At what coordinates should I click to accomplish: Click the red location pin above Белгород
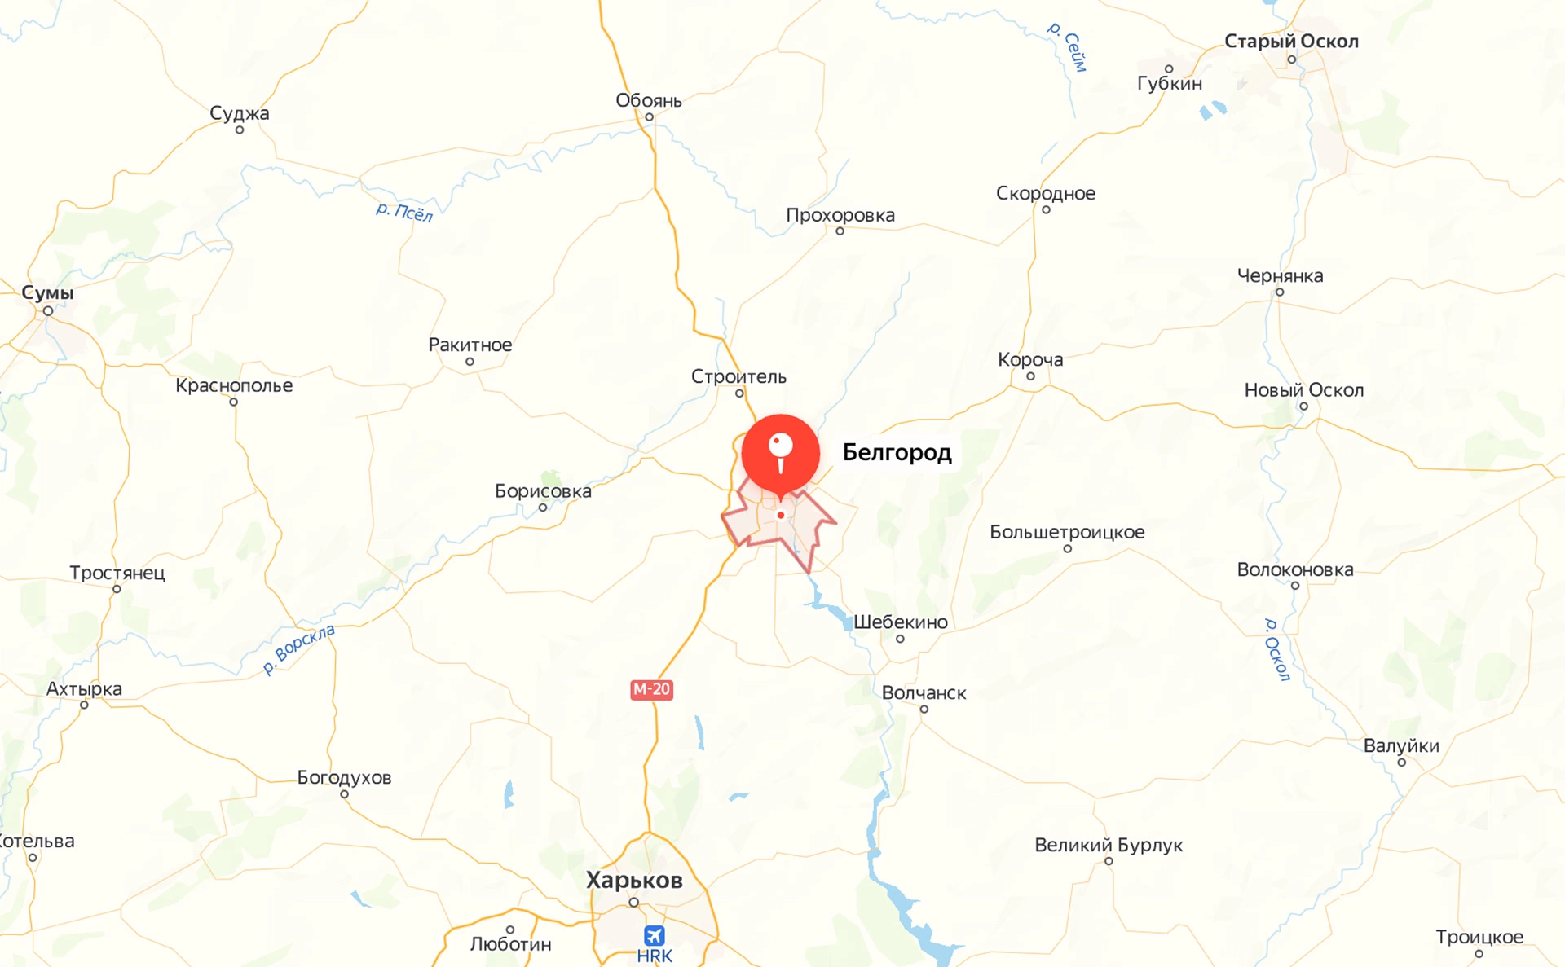click(x=780, y=453)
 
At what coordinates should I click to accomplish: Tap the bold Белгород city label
click(x=897, y=452)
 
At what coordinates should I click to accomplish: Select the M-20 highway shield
click(x=651, y=689)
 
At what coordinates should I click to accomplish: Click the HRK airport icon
click(x=654, y=935)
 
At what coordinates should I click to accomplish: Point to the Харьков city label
click(x=634, y=880)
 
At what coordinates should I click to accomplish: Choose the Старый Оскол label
click(x=1291, y=41)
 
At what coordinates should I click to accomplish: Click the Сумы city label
click(x=47, y=292)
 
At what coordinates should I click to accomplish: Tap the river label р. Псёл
click(x=404, y=212)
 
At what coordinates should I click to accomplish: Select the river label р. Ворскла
click(x=298, y=649)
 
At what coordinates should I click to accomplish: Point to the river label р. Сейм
click(x=1068, y=47)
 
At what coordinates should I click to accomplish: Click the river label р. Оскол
click(x=1276, y=649)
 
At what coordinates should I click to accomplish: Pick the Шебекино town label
click(x=900, y=622)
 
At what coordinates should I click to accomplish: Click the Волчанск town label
click(x=924, y=692)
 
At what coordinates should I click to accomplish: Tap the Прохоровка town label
click(x=840, y=215)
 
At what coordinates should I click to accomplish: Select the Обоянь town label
click(x=648, y=100)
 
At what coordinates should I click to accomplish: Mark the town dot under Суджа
click(x=240, y=130)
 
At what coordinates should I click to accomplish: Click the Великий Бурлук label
click(x=1108, y=845)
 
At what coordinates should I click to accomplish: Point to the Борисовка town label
click(x=543, y=491)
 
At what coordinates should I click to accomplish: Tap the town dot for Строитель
click(x=739, y=393)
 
